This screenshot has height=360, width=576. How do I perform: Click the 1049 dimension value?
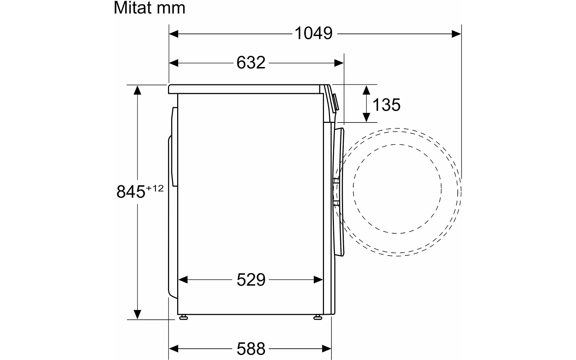pyautogui.click(x=313, y=34)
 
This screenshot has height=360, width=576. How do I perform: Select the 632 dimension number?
pyautogui.click(x=251, y=63)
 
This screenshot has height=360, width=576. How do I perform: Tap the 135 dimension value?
pyautogui.click(x=386, y=105)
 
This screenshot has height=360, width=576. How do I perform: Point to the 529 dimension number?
pyautogui.click(x=251, y=280)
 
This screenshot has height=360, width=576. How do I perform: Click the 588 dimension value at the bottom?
pyautogui.click(x=251, y=349)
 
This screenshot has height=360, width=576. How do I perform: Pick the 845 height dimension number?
pyautogui.click(x=131, y=192)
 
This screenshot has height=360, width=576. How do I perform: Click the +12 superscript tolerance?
pyautogui.click(x=155, y=188)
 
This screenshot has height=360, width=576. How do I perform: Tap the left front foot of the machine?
pyautogui.click(x=183, y=317)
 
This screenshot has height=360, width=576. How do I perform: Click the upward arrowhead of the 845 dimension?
pyautogui.click(x=137, y=90)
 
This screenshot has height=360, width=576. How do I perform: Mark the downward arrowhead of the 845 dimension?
pyautogui.click(x=137, y=314)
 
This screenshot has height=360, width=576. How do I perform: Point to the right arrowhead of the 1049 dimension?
pyautogui.click(x=457, y=34)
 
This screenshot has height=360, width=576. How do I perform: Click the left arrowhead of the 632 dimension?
pyautogui.click(x=174, y=63)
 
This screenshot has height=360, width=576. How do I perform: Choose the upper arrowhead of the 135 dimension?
pyautogui.click(x=366, y=90)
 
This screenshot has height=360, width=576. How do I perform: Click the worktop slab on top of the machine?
pyautogui.click(x=247, y=89)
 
